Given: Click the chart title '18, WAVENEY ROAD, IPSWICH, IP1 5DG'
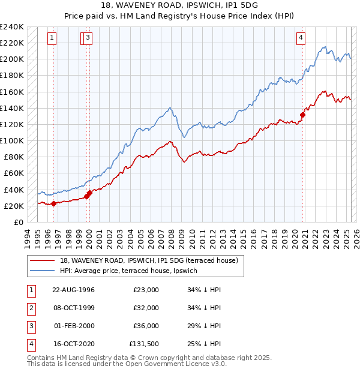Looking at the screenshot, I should tap(180, 7).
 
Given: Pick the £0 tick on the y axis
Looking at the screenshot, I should tap(18, 222).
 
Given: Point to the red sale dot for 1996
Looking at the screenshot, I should tap(54, 203).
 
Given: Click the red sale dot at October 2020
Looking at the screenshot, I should tap(303, 115).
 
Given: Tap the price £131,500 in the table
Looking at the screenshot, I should tap(144, 344).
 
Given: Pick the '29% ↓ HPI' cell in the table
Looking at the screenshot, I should tap(204, 326).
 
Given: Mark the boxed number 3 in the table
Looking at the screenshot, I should tap(31, 326).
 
